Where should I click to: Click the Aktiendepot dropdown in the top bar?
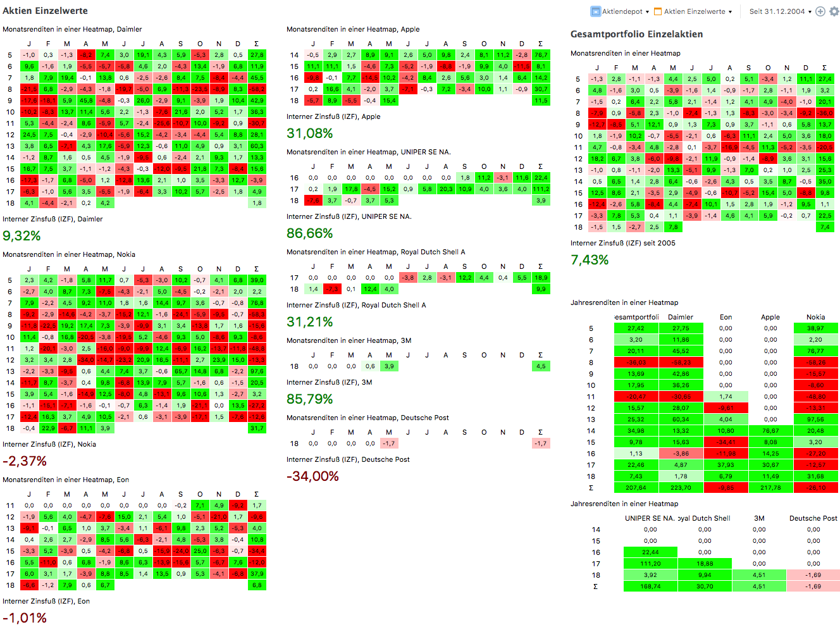617,11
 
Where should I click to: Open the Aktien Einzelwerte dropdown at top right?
694,11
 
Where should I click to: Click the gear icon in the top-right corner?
834,11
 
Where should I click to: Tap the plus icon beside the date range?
820,11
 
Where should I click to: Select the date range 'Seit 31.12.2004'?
777,11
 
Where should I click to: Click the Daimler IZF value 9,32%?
22,236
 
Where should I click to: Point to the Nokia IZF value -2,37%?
24,461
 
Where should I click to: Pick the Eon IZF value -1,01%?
24,618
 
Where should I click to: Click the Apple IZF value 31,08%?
309,133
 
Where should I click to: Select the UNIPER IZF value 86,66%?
309,233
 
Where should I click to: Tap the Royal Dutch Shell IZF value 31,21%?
309,322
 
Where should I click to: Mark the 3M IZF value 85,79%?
309,399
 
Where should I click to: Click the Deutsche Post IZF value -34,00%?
312,476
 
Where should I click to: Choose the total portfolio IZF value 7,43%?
590,260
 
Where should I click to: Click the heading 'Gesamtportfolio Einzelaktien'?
636,34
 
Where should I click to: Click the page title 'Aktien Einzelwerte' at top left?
45,11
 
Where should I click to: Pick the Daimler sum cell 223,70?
681,488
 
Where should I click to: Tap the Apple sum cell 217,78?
770,488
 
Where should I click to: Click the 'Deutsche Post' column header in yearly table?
813,518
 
